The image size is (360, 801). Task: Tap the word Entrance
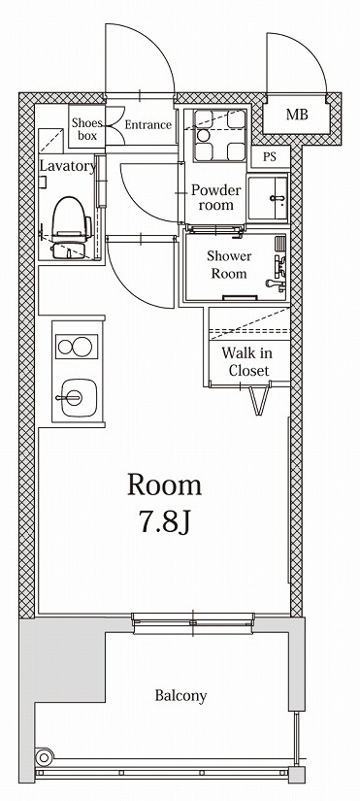click(148, 125)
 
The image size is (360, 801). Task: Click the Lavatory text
click(67, 166)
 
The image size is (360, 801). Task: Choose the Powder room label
click(214, 197)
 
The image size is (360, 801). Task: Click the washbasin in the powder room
click(267, 199)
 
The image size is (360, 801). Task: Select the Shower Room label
click(229, 265)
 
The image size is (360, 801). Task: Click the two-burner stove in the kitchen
click(74, 347)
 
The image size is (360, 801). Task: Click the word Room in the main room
click(165, 484)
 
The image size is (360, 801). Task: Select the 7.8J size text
click(165, 525)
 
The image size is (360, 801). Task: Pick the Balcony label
click(180, 696)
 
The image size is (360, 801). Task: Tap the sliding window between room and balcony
click(194, 622)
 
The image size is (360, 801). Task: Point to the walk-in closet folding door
click(258, 399)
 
